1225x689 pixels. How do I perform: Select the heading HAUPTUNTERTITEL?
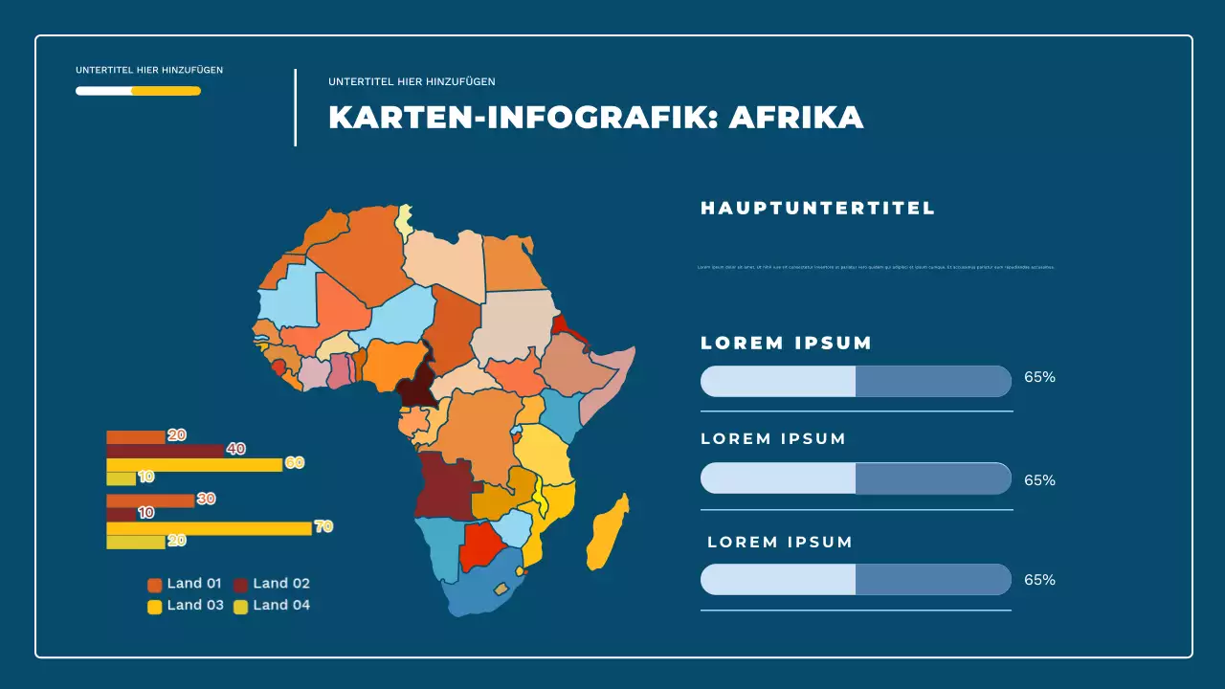coord(817,208)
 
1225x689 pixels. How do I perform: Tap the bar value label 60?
coord(294,463)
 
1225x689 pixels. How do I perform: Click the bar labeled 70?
coord(209,528)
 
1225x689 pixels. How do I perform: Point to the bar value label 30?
coord(206,499)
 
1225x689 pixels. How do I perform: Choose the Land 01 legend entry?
coord(185,584)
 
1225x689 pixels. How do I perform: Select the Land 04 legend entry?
coord(271,605)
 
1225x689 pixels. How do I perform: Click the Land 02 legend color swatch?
coord(241,585)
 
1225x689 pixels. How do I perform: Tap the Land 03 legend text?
coord(195,605)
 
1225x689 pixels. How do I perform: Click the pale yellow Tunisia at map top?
coord(406,219)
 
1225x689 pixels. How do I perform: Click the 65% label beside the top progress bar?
coord(1039,377)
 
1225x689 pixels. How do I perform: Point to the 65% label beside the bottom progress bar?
coord(1039,580)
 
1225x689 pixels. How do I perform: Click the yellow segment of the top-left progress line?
coord(166,91)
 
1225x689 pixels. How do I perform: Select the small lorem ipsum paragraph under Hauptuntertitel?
coord(876,267)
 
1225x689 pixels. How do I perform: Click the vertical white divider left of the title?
coord(295,107)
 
